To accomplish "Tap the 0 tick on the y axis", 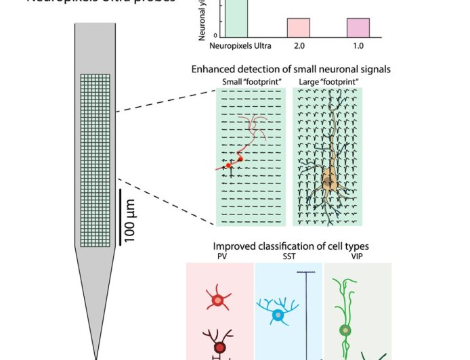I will [x=215, y=36].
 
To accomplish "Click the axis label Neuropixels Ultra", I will [x=240, y=46].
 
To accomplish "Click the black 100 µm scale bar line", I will [x=121, y=217].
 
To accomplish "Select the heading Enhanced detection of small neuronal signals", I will [x=291, y=69].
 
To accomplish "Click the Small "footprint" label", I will [x=250, y=83].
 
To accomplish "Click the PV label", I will [x=221, y=257].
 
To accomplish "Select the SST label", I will [x=289, y=257].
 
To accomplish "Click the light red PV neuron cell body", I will [x=217, y=300].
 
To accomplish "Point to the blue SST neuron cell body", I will [x=277, y=315].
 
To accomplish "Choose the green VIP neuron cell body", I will [x=346, y=330].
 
